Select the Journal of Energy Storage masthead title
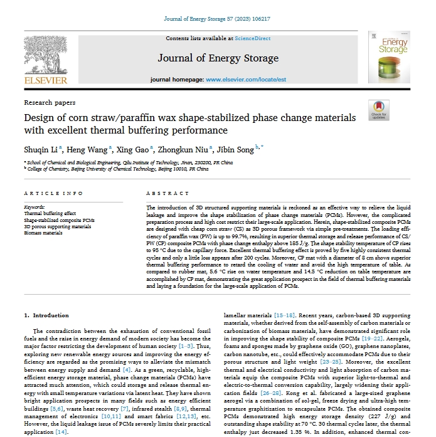(x=218, y=58)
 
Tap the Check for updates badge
(x=380, y=111)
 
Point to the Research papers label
(x=50, y=102)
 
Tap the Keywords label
(x=34, y=206)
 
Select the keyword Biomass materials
(x=43, y=233)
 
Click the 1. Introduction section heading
(x=51, y=315)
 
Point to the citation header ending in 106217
(x=217, y=19)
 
